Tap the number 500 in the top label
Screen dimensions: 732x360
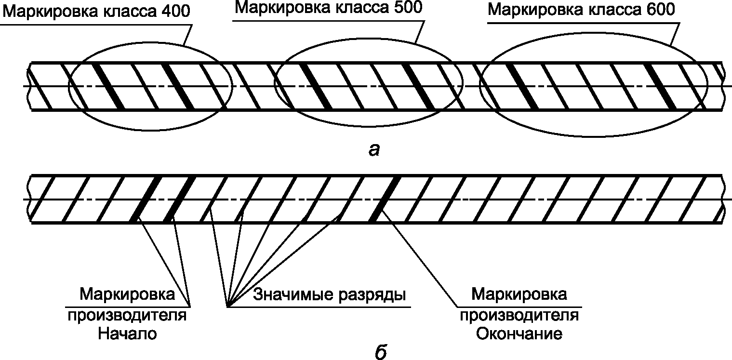[408, 7]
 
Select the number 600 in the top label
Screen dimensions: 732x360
[660, 10]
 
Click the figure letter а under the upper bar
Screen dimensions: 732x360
[374, 150]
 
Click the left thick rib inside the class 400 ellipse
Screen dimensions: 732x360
[108, 86]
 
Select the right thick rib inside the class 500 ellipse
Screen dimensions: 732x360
[419, 86]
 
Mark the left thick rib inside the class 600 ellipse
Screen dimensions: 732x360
[522, 86]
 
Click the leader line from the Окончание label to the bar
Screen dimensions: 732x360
[420, 259]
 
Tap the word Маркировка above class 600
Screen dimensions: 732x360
[535, 11]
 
